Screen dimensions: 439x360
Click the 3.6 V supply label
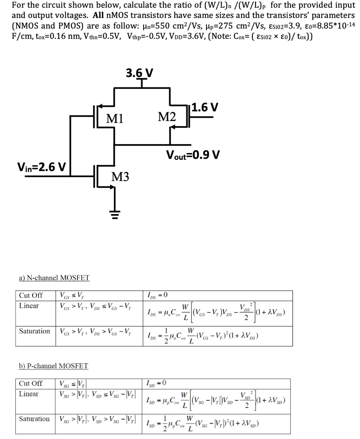point(139,72)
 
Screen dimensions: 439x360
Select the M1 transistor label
point(115,117)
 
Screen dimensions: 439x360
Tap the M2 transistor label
point(166,116)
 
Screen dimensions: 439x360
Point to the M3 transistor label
point(120,176)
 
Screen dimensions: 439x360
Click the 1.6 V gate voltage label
point(204,107)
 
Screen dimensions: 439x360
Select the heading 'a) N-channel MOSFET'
point(54,278)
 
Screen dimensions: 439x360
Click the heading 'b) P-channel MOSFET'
point(54,366)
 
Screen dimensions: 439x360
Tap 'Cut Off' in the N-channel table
point(31,295)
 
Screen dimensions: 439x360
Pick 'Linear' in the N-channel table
point(29,306)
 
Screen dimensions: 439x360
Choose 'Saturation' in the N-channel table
point(34,331)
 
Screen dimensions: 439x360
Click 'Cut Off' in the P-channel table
point(31,383)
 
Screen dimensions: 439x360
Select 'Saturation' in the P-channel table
point(34,418)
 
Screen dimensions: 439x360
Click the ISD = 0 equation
point(156,383)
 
